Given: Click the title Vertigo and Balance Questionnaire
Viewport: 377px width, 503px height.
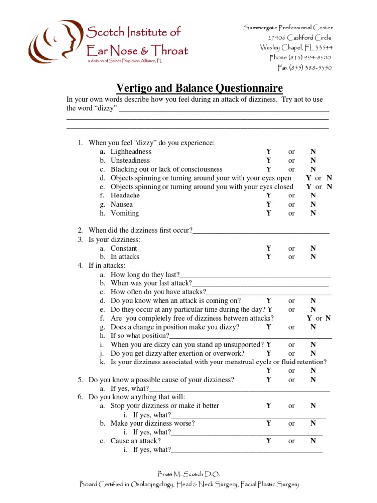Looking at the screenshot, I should [199, 88].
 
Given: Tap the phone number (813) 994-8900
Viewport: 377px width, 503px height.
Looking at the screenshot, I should [300, 57].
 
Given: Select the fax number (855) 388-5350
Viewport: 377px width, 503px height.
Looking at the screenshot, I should [304, 67].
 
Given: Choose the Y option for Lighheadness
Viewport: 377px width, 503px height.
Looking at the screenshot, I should [269, 152].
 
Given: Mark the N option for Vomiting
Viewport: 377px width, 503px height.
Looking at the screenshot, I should [313, 213].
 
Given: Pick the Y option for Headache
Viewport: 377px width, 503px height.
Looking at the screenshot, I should [269, 196].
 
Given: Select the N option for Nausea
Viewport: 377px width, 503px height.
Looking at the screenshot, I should [313, 204].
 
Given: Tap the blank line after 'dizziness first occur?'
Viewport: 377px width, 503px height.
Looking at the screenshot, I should [261, 231].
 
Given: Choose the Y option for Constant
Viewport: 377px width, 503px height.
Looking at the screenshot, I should [269, 249].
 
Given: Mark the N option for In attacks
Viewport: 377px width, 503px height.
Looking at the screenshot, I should [313, 257].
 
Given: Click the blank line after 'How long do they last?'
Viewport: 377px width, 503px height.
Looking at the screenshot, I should [255, 275].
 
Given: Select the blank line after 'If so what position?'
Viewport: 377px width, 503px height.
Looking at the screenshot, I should [250, 336].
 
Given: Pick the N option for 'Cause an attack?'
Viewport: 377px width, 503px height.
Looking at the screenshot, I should [313, 441].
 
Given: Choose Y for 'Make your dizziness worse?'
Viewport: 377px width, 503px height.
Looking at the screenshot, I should [269, 423].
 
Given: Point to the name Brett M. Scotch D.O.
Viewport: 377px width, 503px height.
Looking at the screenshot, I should [188, 474].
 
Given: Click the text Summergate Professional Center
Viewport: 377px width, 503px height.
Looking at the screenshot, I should [288, 28].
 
